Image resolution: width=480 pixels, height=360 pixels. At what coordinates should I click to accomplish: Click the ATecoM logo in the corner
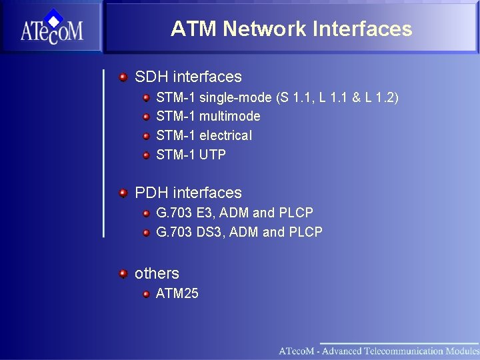[51, 27]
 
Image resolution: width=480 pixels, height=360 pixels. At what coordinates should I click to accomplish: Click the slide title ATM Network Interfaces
[291, 29]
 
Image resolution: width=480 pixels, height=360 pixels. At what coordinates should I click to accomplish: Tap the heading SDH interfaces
[188, 77]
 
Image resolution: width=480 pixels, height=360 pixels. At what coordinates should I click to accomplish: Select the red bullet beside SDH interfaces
[123, 77]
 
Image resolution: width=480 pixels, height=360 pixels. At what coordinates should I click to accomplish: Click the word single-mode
[235, 98]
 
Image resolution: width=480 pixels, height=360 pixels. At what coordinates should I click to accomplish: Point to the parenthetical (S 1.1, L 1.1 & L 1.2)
[337, 98]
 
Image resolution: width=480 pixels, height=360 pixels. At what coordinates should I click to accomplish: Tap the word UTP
[212, 155]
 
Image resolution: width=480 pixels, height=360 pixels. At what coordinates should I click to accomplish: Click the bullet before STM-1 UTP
[146, 155]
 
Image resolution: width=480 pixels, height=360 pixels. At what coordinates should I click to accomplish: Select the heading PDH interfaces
[188, 193]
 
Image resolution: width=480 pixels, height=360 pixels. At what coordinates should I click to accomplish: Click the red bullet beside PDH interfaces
[123, 193]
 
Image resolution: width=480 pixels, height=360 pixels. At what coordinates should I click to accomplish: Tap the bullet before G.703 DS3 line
[146, 232]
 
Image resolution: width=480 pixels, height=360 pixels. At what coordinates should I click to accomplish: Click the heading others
[157, 273]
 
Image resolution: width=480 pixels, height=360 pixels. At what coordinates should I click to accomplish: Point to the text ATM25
[177, 293]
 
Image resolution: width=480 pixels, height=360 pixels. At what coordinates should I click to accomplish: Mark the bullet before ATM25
[146, 293]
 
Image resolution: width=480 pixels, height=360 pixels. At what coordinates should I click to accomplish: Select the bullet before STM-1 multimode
[146, 117]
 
